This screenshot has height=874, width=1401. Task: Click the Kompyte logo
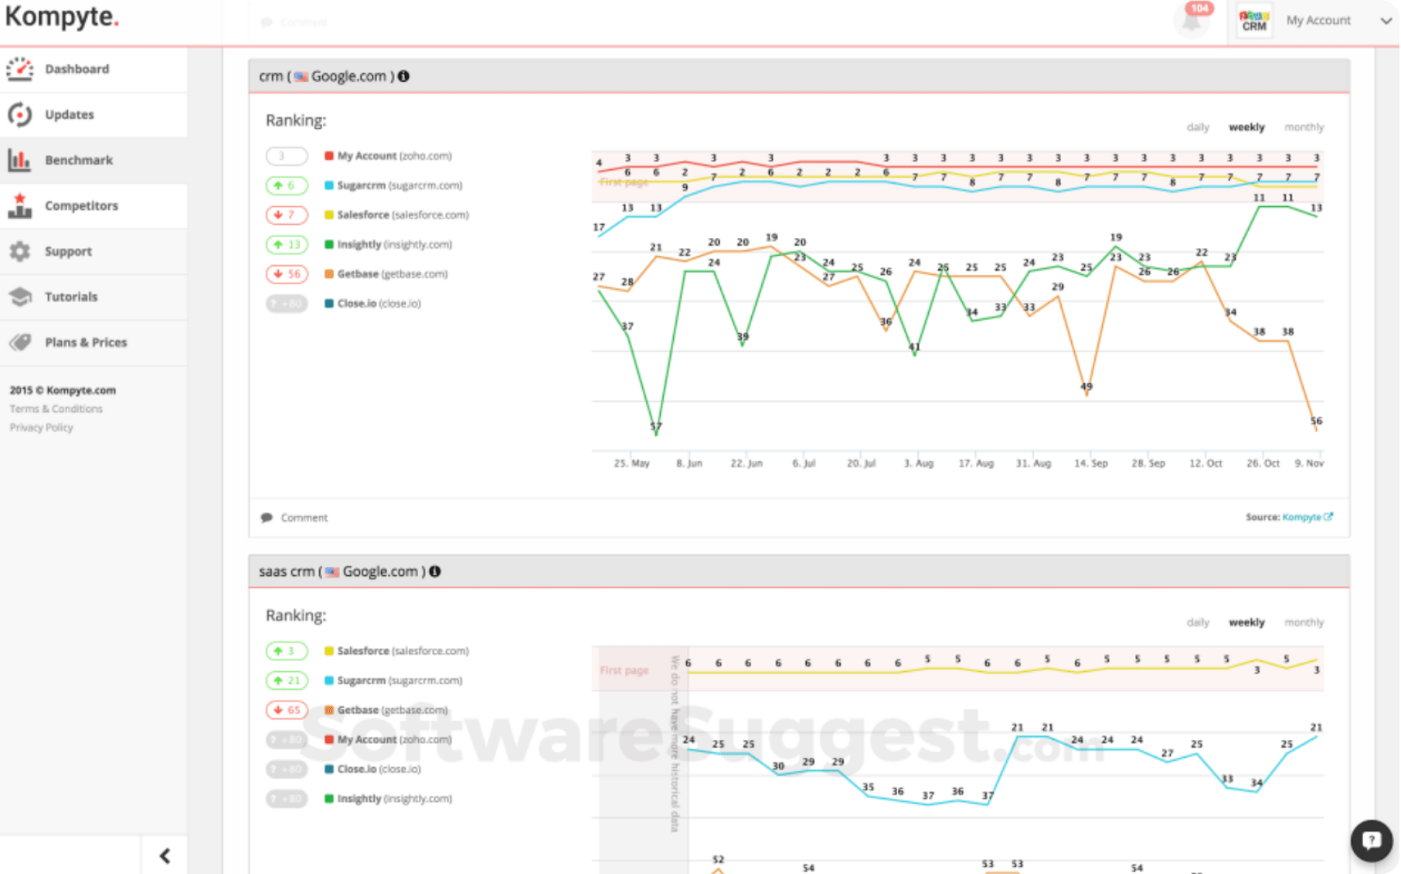(62, 17)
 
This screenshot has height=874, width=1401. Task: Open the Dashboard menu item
(76, 69)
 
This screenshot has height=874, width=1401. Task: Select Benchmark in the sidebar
(78, 160)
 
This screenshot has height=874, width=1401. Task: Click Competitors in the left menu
(81, 205)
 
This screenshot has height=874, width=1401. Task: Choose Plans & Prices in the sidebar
(85, 342)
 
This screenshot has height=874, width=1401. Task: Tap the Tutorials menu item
(71, 297)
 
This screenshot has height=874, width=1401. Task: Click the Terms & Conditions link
(55, 409)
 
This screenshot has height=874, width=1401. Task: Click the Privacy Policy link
(41, 428)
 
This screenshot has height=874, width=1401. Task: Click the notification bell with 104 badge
(1191, 20)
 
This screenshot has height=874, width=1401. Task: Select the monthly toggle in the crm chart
(1303, 127)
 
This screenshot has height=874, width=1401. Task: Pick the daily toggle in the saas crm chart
(1197, 623)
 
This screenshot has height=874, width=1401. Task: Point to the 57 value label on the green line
(656, 427)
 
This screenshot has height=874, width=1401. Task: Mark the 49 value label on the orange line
(1086, 386)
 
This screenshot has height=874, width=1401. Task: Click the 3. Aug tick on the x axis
(918, 464)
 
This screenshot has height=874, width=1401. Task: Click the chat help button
(1371, 840)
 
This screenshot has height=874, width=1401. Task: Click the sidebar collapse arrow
(165, 856)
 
